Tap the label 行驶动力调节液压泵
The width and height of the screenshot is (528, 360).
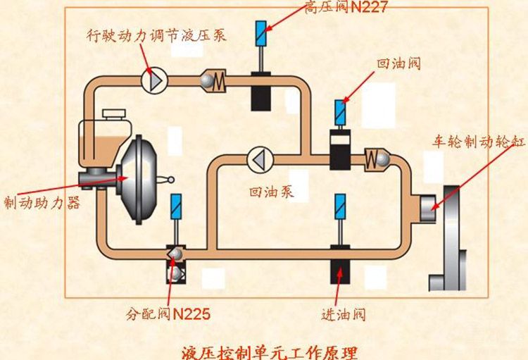pyautogui.click(x=156, y=36)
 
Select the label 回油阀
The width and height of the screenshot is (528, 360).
pyautogui.click(x=398, y=64)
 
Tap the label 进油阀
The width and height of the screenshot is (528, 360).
pyautogui.click(x=343, y=314)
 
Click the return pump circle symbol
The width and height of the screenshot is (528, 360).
pyautogui.click(x=258, y=159)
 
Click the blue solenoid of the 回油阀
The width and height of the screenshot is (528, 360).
pyautogui.click(x=341, y=111)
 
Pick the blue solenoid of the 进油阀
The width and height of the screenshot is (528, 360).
pyautogui.click(x=340, y=206)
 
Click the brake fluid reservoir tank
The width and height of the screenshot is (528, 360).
pyautogui.click(x=102, y=134)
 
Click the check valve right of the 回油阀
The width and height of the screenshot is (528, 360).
pyautogui.click(x=376, y=159)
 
